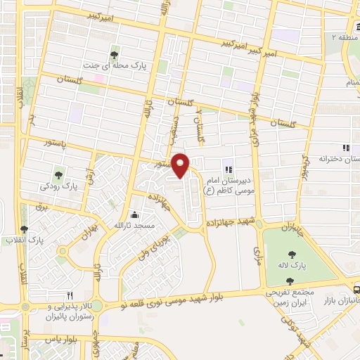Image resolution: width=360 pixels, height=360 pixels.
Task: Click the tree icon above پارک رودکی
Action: click(58, 175)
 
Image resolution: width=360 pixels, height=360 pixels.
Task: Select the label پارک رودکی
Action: click(59, 188)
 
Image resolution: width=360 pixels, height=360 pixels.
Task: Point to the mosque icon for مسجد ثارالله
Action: click(135, 216)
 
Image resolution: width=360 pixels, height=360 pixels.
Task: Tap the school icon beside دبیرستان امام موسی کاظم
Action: click(227, 169)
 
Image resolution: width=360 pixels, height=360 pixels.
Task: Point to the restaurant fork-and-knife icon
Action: click(69, 296)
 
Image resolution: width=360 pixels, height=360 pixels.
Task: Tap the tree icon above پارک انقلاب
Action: click(25, 229)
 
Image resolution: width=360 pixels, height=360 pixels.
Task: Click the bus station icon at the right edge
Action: click(356, 288)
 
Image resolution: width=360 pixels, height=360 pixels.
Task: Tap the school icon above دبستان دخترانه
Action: click(345, 148)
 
